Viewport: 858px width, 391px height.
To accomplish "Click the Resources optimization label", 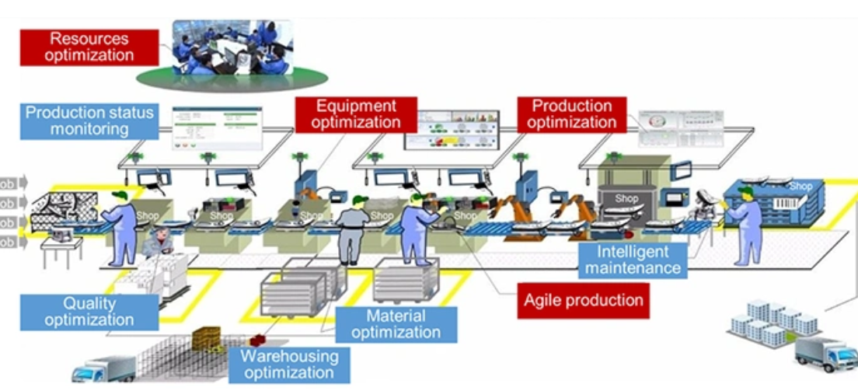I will click(x=89, y=47).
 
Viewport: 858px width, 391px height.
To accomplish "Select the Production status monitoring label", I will click(x=89, y=120).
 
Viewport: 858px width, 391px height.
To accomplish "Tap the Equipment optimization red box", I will click(x=356, y=113).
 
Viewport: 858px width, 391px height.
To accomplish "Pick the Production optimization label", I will click(x=572, y=113).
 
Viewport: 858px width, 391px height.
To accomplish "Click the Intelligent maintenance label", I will click(x=633, y=260).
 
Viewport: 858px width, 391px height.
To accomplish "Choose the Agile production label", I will click(x=584, y=299).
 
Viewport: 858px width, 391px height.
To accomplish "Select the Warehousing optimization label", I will click(x=289, y=364).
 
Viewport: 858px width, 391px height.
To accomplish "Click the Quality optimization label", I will click(x=89, y=311).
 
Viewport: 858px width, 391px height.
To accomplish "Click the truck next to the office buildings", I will click(x=825, y=353).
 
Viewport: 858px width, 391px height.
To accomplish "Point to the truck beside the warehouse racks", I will click(x=103, y=370).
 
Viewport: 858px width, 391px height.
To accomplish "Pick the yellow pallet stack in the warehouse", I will click(x=208, y=337).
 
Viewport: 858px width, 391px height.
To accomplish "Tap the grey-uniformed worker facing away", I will click(x=353, y=229).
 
